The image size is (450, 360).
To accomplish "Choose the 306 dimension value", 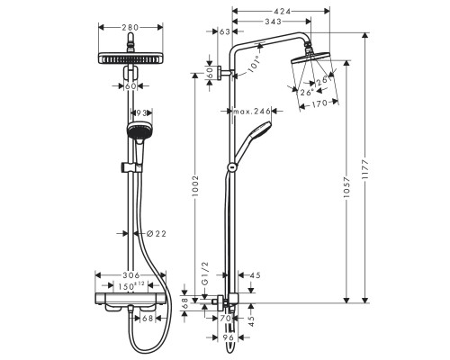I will [131, 276].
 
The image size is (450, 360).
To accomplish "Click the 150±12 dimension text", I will [134, 286].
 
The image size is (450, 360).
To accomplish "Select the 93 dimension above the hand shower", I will [140, 112].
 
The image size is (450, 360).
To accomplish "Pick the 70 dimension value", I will [226, 317].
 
